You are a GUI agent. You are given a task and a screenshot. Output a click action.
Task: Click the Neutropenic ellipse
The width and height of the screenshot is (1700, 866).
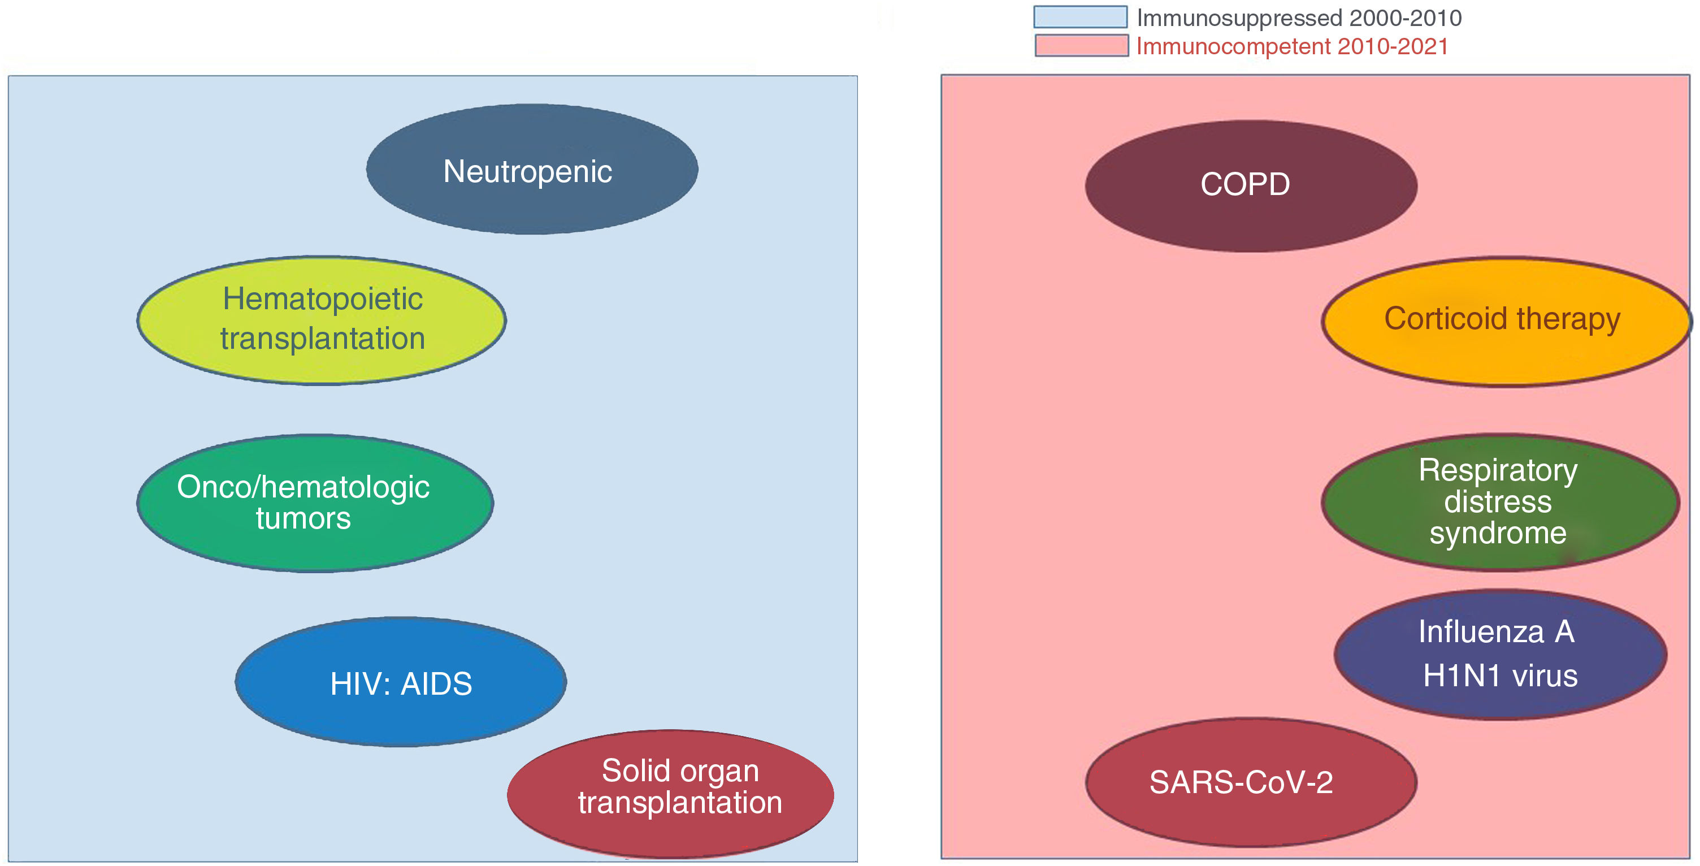(532, 169)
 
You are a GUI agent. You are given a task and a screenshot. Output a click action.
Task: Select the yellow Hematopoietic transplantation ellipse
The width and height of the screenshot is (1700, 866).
(322, 320)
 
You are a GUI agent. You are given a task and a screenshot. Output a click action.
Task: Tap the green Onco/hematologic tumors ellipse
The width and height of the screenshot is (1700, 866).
(315, 503)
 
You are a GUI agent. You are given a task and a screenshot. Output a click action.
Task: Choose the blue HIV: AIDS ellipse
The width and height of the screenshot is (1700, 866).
(401, 682)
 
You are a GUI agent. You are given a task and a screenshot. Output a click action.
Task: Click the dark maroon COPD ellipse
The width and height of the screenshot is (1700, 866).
(1251, 185)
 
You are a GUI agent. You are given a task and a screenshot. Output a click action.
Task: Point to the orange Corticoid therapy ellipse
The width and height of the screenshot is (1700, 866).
(1506, 322)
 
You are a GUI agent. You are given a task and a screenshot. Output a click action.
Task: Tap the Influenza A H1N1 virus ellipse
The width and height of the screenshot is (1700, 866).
(1500, 654)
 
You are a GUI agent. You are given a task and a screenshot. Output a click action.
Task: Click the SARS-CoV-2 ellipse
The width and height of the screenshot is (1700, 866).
(1251, 782)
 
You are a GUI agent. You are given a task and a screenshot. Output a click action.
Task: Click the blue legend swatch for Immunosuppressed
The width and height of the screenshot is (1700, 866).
(1081, 17)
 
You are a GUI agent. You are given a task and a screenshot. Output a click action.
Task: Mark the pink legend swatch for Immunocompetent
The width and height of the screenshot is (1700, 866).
(1081, 46)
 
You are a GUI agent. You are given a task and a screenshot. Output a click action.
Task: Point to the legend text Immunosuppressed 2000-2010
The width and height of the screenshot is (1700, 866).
(1299, 18)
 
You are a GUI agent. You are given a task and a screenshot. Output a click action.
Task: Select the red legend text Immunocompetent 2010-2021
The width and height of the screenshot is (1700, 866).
(1292, 46)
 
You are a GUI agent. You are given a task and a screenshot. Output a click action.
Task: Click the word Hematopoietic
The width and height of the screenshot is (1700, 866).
(322, 299)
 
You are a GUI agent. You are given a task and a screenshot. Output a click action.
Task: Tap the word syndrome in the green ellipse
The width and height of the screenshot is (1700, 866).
(1498, 533)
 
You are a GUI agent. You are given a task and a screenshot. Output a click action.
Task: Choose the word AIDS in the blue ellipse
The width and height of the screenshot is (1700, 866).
(436, 684)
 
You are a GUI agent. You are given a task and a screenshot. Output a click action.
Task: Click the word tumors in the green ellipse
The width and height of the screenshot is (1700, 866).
(303, 519)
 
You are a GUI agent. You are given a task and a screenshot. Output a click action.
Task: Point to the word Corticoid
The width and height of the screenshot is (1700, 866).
(1445, 318)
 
